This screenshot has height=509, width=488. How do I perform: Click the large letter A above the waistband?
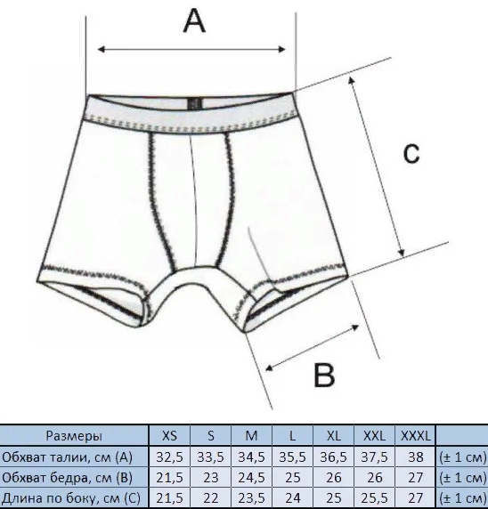(194, 20)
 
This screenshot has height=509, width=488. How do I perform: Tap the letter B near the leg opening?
(324, 375)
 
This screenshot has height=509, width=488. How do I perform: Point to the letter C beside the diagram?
(411, 153)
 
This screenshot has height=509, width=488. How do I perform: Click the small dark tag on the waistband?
(195, 104)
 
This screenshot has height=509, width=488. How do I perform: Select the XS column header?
(169, 436)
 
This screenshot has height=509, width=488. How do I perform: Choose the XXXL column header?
(416, 436)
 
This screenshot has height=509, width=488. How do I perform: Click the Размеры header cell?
(74, 436)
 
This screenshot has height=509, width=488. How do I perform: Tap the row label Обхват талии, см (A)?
(68, 457)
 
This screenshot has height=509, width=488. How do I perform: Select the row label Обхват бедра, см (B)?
(68, 478)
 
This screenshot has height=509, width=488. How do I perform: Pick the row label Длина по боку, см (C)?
(71, 498)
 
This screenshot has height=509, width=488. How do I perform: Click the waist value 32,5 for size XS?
(169, 457)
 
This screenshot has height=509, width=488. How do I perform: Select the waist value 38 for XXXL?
(416, 457)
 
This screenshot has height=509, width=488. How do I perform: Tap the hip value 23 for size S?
(210, 478)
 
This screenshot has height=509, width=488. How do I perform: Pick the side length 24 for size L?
(292, 498)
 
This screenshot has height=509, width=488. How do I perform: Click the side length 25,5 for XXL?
(375, 498)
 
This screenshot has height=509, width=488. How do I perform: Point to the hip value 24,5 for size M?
(251, 478)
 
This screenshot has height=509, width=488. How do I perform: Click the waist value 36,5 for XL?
(334, 457)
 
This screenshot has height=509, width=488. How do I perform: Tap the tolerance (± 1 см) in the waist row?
(463, 457)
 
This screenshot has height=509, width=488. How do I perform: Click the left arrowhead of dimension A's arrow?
(101, 49)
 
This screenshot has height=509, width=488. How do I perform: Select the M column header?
(251, 436)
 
